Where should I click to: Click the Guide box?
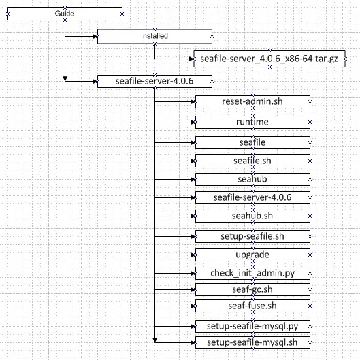[x=65, y=14]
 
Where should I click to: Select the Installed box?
[x=154, y=36]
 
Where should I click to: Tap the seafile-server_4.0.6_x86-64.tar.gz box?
[x=269, y=59]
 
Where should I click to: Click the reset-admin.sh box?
[x=252, y=101]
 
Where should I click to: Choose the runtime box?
[x=252, y=122]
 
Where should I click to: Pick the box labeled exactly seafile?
[x=252, y=143]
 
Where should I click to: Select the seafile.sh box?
[x=252, y=161]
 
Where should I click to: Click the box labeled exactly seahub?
[x=252, y=179]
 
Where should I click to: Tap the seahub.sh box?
[x=252, y=216]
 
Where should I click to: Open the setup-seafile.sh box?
[x=252, y=236]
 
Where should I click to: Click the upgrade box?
[x=252, y=255]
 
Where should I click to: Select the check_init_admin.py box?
[x=252, y=273]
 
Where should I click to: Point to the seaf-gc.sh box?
[x=252, y=289]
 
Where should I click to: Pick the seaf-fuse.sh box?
[x=252, y=306]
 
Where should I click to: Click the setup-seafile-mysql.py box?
[x=252, y=326]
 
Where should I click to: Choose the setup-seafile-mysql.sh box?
[x=252, y=342]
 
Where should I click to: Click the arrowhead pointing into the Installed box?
[x=95, y=36]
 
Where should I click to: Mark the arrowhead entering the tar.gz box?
[x=191, y=59]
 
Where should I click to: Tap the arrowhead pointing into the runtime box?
[x=193, y=122]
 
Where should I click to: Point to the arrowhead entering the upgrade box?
[x=193, y=255]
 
